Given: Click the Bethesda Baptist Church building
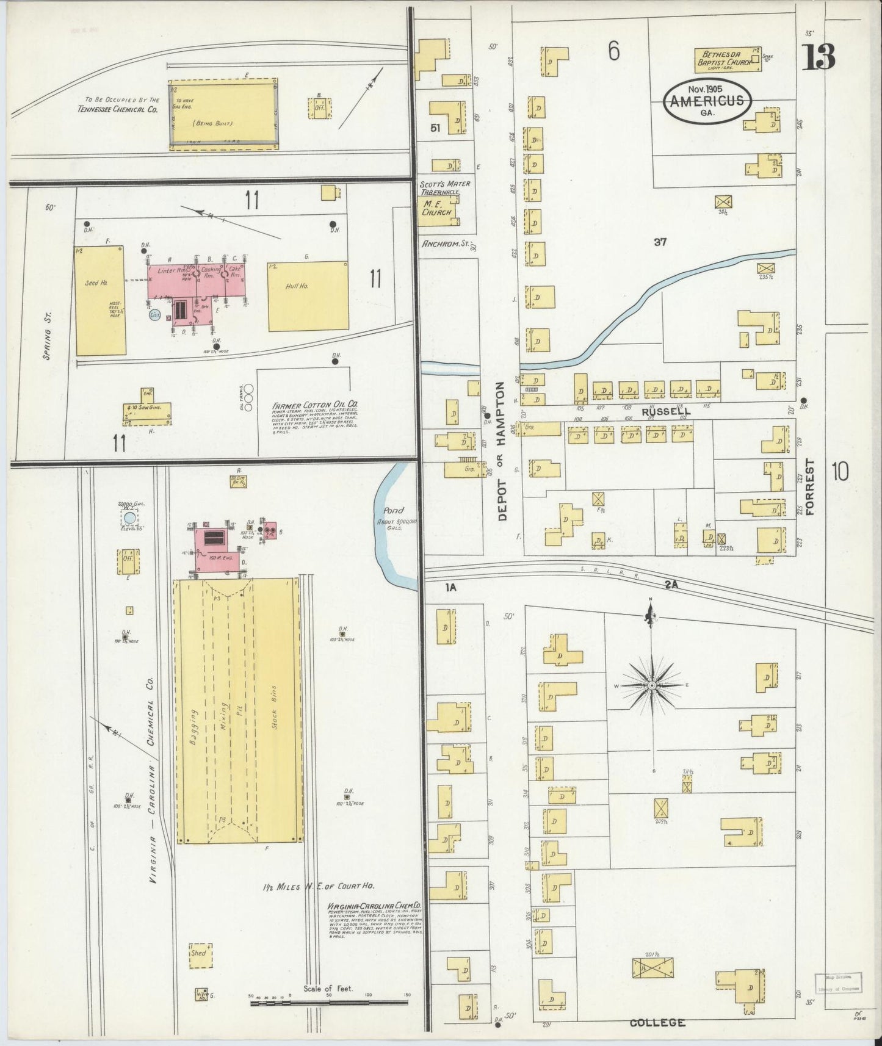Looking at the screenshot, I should click(x=728, y=60).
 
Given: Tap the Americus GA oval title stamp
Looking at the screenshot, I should click(x=707, y=100).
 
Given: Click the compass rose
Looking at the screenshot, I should click(x=652, y=685).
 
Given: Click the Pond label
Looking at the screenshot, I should click(x=394, y=510).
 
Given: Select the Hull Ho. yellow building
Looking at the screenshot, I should click(x=308, y=297).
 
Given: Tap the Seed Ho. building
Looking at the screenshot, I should click(x=100, y=300).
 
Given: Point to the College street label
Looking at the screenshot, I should click(x=657, y=1022).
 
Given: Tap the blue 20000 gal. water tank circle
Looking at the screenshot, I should click(x=129, y=518).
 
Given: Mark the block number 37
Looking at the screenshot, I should click(x=660, y=242).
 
